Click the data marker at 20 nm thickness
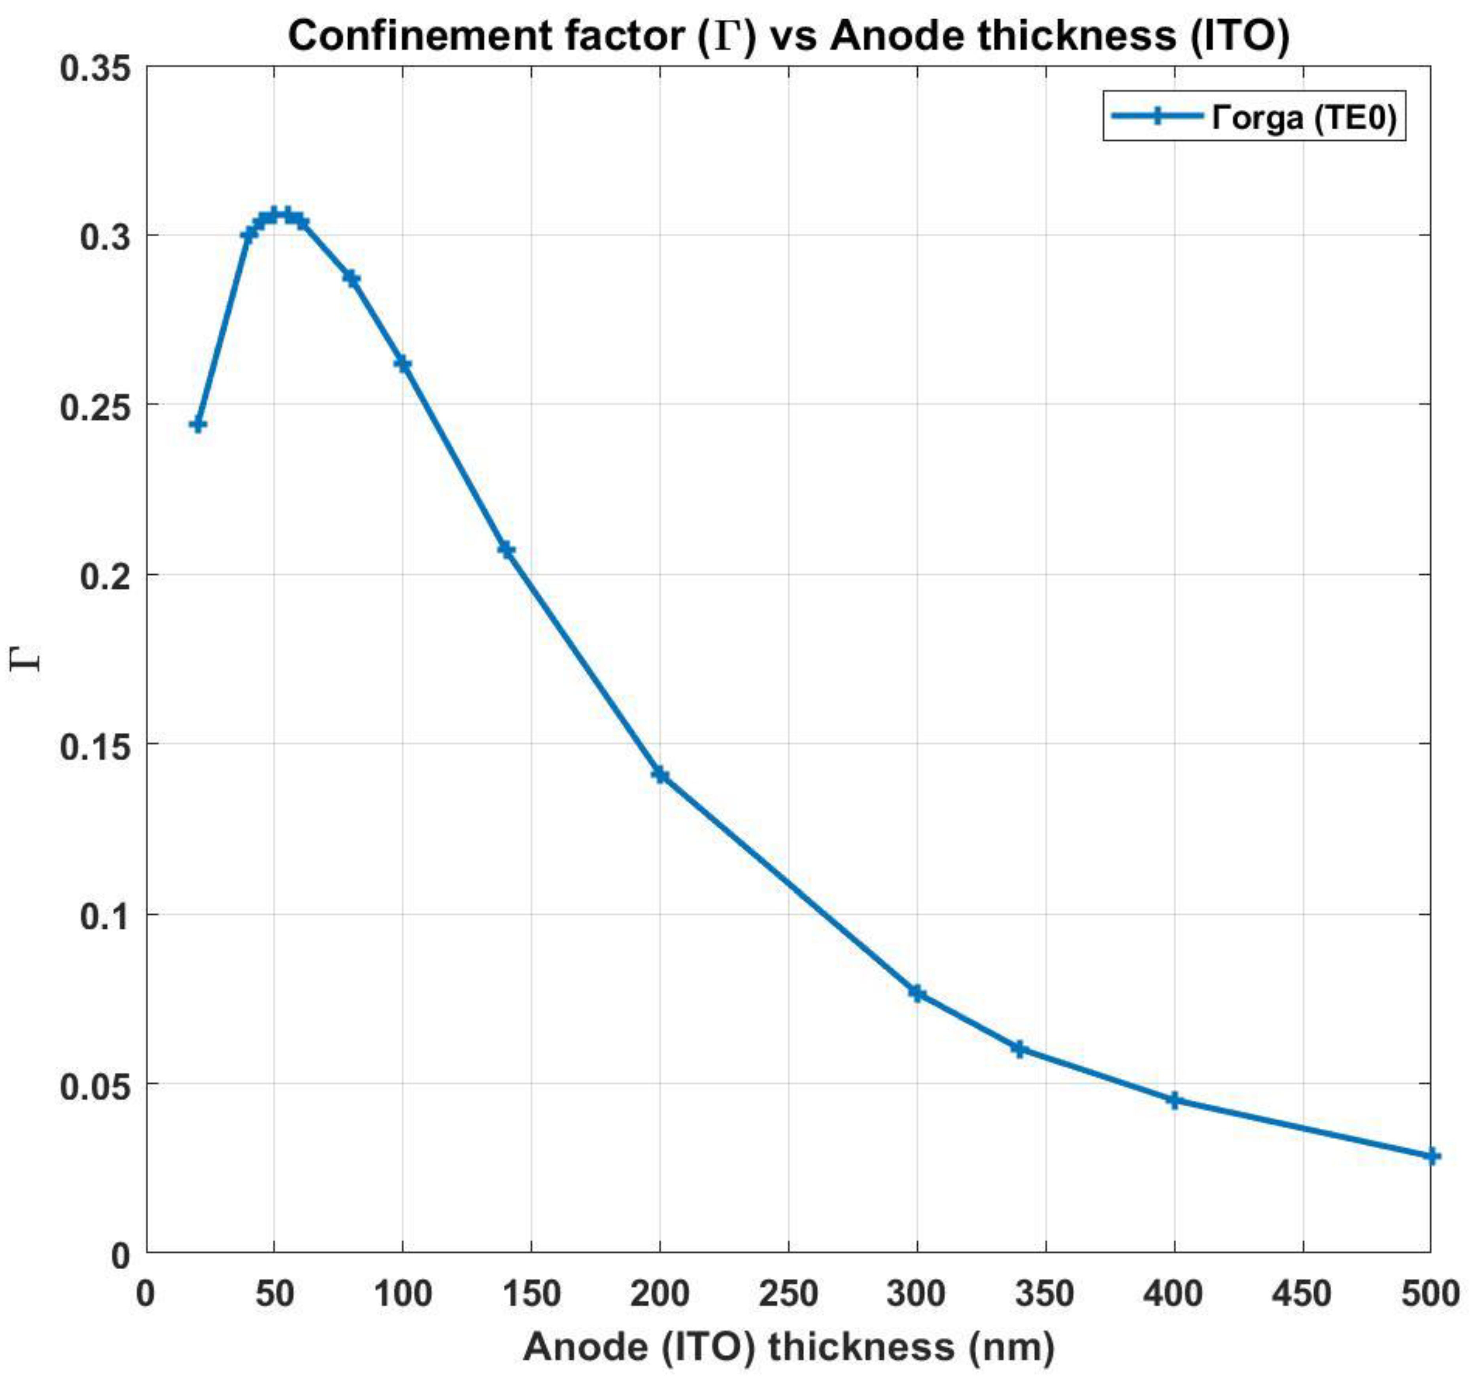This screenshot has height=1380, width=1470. tap(197, 424)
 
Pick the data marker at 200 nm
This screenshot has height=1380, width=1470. tap(660, 775)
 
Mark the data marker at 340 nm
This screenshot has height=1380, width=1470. tap(1020, 1049)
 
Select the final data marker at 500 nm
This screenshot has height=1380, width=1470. tap(1432, 1156)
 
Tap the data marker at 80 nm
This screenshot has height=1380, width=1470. tap(351, 279)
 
